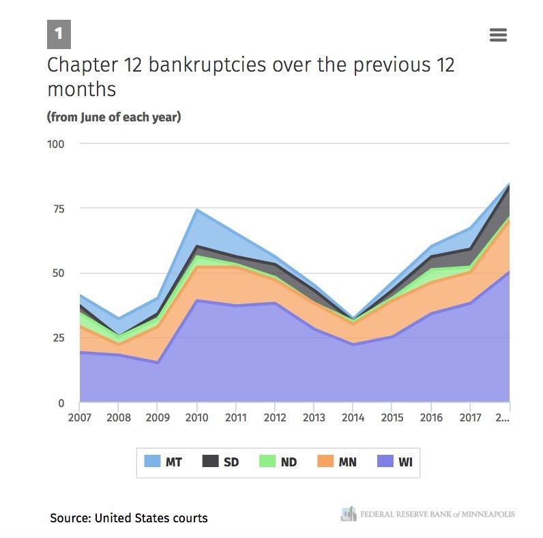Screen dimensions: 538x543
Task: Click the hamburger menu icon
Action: [498, 35]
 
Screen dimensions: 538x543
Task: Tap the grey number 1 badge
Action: [59, 35]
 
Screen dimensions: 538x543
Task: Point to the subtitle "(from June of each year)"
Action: [113, 117]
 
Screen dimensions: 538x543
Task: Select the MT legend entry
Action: [164, 462]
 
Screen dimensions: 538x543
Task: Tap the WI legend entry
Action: [396, 462]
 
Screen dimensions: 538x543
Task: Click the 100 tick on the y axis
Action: [56, 144]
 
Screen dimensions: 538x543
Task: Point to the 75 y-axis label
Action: [59, 209]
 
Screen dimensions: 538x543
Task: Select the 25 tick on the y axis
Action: [59, 338]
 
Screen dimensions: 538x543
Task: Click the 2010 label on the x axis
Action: [197, 417]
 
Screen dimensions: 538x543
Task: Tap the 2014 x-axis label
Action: [353, 417]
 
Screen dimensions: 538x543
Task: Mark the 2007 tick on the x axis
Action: [80, 417]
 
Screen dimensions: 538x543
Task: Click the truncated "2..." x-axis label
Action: [502, 417]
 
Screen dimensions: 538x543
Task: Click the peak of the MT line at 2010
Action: [197, 209]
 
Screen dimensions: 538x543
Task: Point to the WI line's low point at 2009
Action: [158, 362]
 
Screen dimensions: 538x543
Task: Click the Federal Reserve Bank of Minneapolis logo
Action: [428, 514]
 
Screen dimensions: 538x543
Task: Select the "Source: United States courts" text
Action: [129, 518]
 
